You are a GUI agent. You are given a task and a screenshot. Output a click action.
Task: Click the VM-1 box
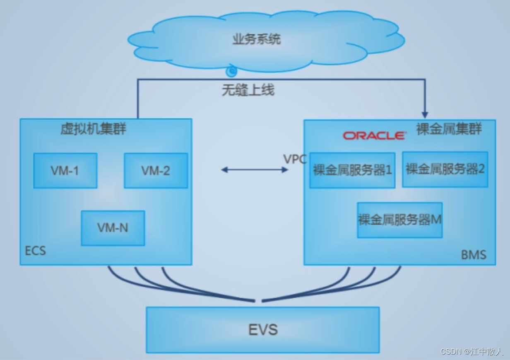click(65, 170)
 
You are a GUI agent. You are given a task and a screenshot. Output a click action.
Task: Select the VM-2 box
click(156, 170)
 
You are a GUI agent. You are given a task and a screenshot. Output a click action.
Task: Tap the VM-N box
click(113, 228)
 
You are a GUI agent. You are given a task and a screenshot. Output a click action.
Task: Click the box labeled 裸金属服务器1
click(352, 170)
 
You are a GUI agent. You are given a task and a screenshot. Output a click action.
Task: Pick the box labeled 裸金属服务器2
click(445, 169)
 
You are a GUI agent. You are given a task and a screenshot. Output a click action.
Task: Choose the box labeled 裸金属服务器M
click(400, 220)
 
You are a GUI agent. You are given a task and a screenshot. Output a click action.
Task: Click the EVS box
click(263, 330)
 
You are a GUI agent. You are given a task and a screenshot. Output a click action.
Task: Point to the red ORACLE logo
click(374, 135)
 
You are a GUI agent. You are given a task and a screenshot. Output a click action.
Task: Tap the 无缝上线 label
click(248, 90)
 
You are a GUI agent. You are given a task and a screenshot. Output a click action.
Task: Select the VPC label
click(295, 159)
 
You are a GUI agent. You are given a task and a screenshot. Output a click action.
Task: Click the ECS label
click(36, 251)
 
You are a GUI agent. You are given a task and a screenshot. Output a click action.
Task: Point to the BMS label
click(474, 254)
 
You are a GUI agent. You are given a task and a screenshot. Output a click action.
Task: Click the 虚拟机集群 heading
click(93, 129)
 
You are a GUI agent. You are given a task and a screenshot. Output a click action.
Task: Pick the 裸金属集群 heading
click(449, 129)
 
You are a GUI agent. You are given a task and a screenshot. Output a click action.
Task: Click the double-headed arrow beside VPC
click(255, 170)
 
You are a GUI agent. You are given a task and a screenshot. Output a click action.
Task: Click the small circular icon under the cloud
click(231, 72)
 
